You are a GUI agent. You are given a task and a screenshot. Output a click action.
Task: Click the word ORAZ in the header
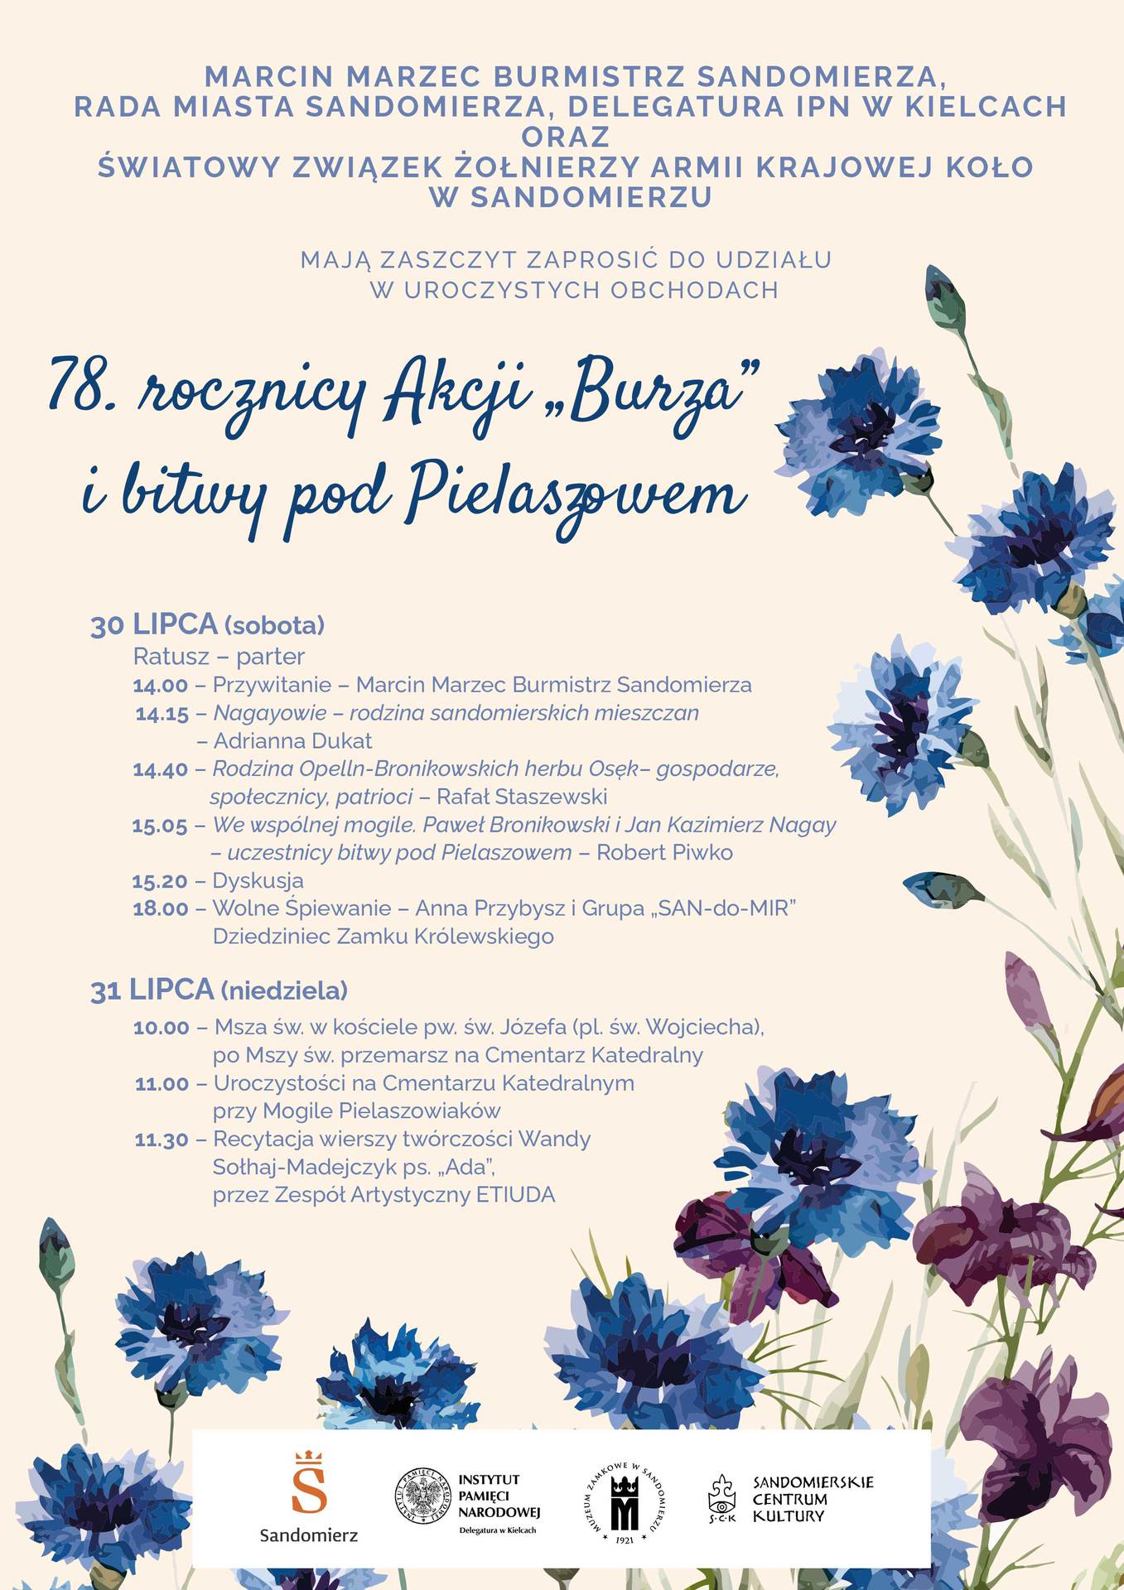point(566,136)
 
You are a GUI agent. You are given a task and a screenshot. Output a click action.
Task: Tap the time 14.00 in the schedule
point(161,686)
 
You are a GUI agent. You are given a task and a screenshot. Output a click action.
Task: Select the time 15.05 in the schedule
point(160,826)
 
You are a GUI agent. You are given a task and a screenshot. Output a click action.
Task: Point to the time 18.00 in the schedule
point(161,908)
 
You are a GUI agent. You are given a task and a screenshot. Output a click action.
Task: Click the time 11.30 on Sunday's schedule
point(162,1140)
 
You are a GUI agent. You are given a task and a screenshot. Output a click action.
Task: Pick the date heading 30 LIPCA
point(154,624)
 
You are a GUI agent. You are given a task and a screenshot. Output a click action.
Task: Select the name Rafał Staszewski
point(522,797)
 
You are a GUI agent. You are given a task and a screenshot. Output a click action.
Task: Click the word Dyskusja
point(258,880)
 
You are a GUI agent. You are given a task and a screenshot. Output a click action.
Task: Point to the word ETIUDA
point(515,1195)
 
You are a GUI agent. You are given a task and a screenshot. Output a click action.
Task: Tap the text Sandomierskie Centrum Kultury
point(812,1499)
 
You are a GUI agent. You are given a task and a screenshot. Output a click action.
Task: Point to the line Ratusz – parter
point(219,657)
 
